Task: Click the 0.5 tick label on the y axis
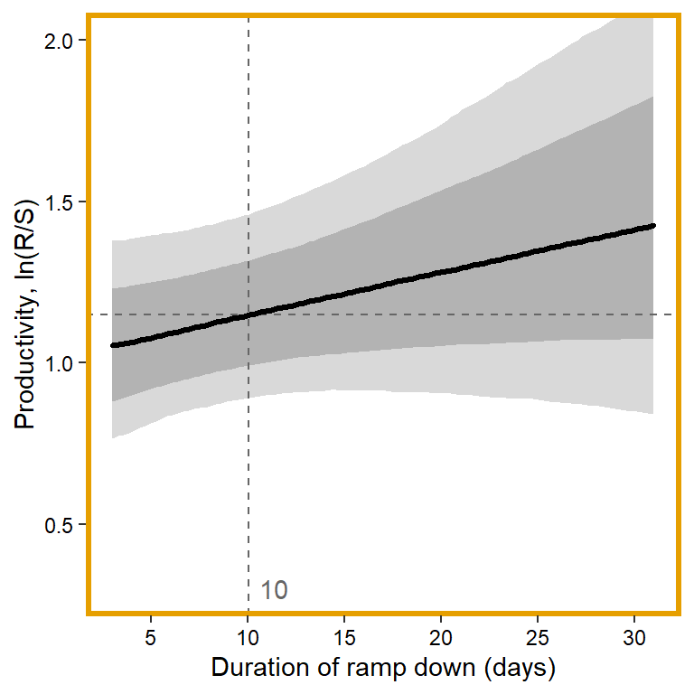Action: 63,525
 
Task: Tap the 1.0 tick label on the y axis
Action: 63,363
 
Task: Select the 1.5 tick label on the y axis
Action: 63,202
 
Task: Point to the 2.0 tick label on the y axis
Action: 63,42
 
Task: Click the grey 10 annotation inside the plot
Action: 274,591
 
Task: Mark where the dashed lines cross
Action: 249,314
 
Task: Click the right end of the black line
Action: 652,225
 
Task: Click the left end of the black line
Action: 112,345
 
